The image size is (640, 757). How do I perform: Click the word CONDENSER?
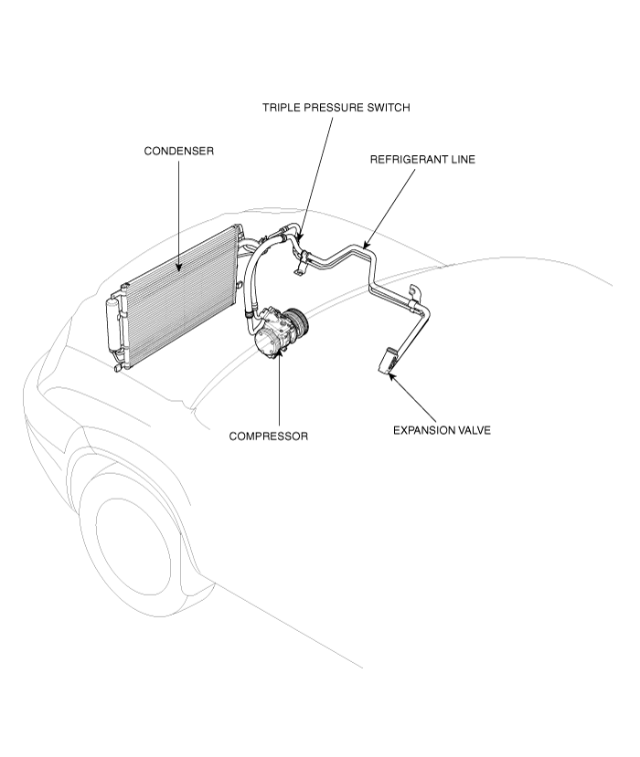pos(179,151)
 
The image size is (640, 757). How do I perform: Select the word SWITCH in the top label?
pos(389,107)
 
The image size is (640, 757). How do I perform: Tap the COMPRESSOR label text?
pos(268,436)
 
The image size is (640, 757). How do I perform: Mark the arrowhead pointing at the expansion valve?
pos(391,377)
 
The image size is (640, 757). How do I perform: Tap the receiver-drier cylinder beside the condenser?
pos(112,323)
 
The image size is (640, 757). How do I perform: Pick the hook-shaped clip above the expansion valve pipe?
pos(415,292)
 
